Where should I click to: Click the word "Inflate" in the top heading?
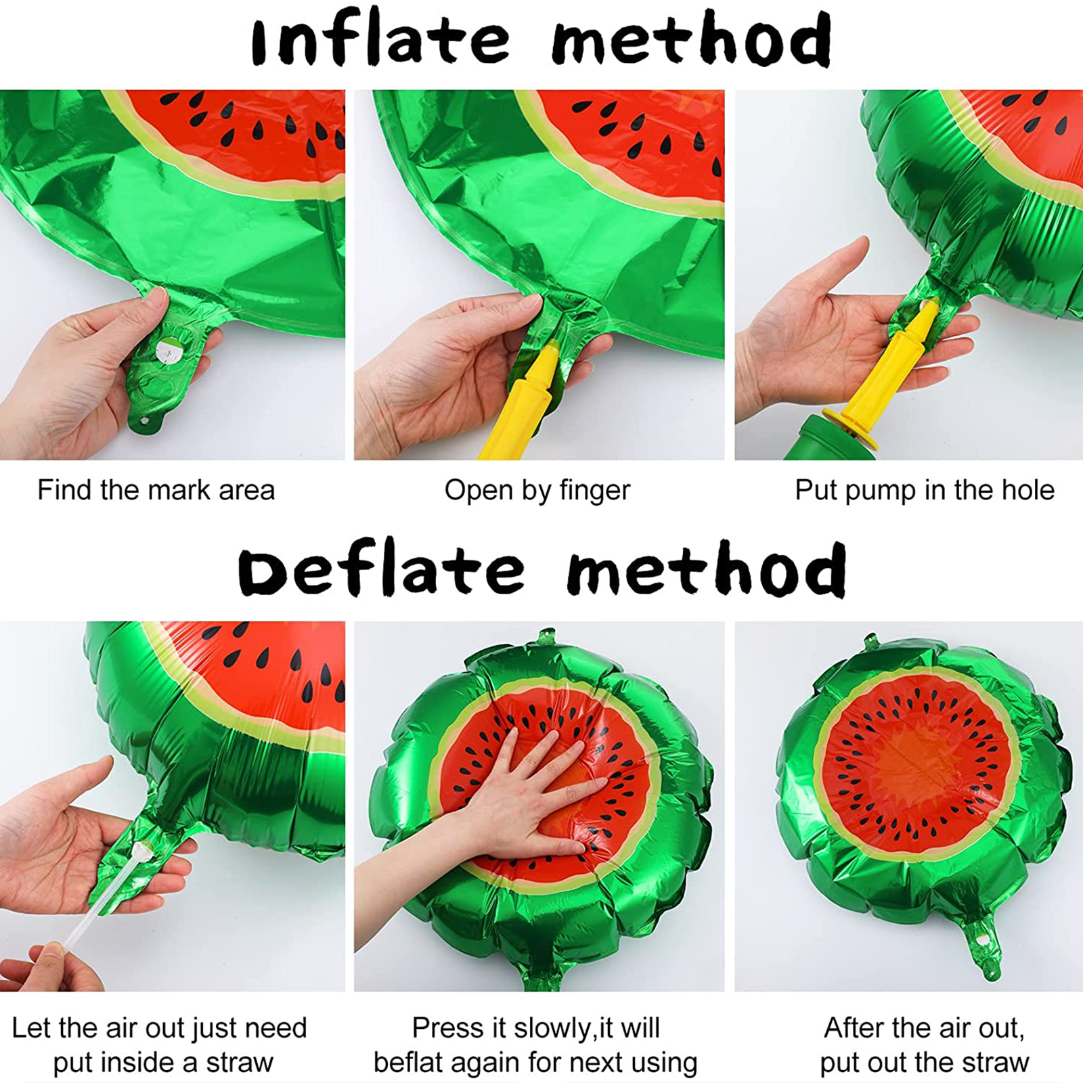click(380, 41)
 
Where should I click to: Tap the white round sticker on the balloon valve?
click(167, 351)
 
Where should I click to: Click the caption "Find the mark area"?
click(156, 490)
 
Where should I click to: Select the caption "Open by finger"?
click(537, 491)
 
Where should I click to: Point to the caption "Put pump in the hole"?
click(925, 490)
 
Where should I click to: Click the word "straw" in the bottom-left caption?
click(239, 1063)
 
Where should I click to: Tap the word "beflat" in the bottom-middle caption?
click(407, 1063)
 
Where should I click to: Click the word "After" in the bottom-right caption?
click(854, 1028)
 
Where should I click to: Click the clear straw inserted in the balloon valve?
click(102, 893)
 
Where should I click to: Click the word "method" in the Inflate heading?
click(691, 41)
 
